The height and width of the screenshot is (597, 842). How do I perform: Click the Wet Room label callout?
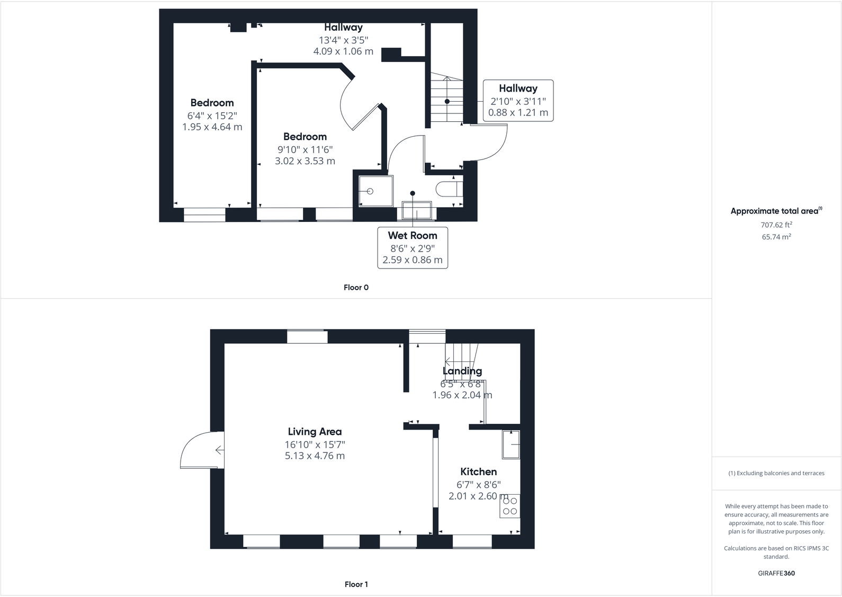pyautogui.click(x=412, y=247)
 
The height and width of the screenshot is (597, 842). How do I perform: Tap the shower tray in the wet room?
pyautogui.click(x=376, y=191)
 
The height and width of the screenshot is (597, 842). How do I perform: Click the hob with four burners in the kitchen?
pyautogui.click(x=510, y=506)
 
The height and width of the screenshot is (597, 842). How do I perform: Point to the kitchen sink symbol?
pyautogui.click(x=511, y=444)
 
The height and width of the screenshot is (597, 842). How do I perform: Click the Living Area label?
pyautogui.click(x=315, y=432)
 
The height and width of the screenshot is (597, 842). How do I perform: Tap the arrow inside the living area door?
pyautogui.click(x=219, y=450)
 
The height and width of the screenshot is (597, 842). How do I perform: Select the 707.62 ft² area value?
pyautogui.click(x=776, y=225)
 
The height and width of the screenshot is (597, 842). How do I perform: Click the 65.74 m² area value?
pyautogui.click(x=776, y=237)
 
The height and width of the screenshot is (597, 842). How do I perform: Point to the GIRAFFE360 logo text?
pyautogui.click(x=776, y=573)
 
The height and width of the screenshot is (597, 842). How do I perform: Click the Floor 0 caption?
pyautogui.click(x=356, y=288)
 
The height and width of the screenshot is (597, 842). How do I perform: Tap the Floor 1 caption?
pyautogui.click(x=356, y=584)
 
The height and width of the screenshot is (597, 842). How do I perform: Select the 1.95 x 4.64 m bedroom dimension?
pyautogui.click(x=212, y=127)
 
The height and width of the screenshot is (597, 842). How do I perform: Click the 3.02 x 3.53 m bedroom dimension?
pyautogui.click(x=305, y=161)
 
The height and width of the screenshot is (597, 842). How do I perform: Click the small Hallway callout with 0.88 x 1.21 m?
pyautogui.click(x=518, y=101)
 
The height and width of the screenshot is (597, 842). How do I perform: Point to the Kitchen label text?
pyautogui.click(x=478, y=471)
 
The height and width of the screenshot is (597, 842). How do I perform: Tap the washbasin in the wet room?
pyautogui.click(x=417, y=210)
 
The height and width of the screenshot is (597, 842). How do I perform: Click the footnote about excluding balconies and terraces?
pyautogui.click(x=776, y=473)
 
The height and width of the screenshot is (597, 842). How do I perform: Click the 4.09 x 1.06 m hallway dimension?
pyautogui.click(x=343, y=51)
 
